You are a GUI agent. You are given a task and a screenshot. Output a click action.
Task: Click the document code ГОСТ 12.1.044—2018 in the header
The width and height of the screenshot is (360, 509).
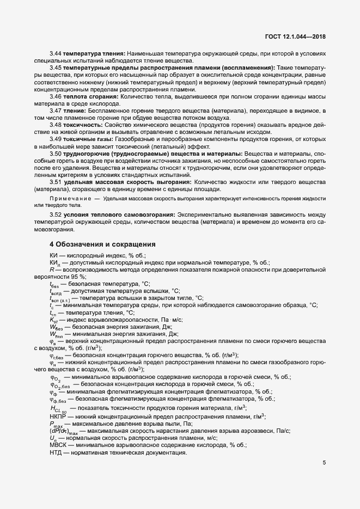coord(296,36)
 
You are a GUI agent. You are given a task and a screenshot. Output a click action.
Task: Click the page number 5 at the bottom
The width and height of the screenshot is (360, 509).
coord(324,463)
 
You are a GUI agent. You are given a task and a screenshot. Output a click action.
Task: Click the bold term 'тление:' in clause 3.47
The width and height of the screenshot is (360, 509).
coord(78,111)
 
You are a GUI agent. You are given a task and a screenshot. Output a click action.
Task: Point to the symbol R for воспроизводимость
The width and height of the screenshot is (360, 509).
coord(51,269)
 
